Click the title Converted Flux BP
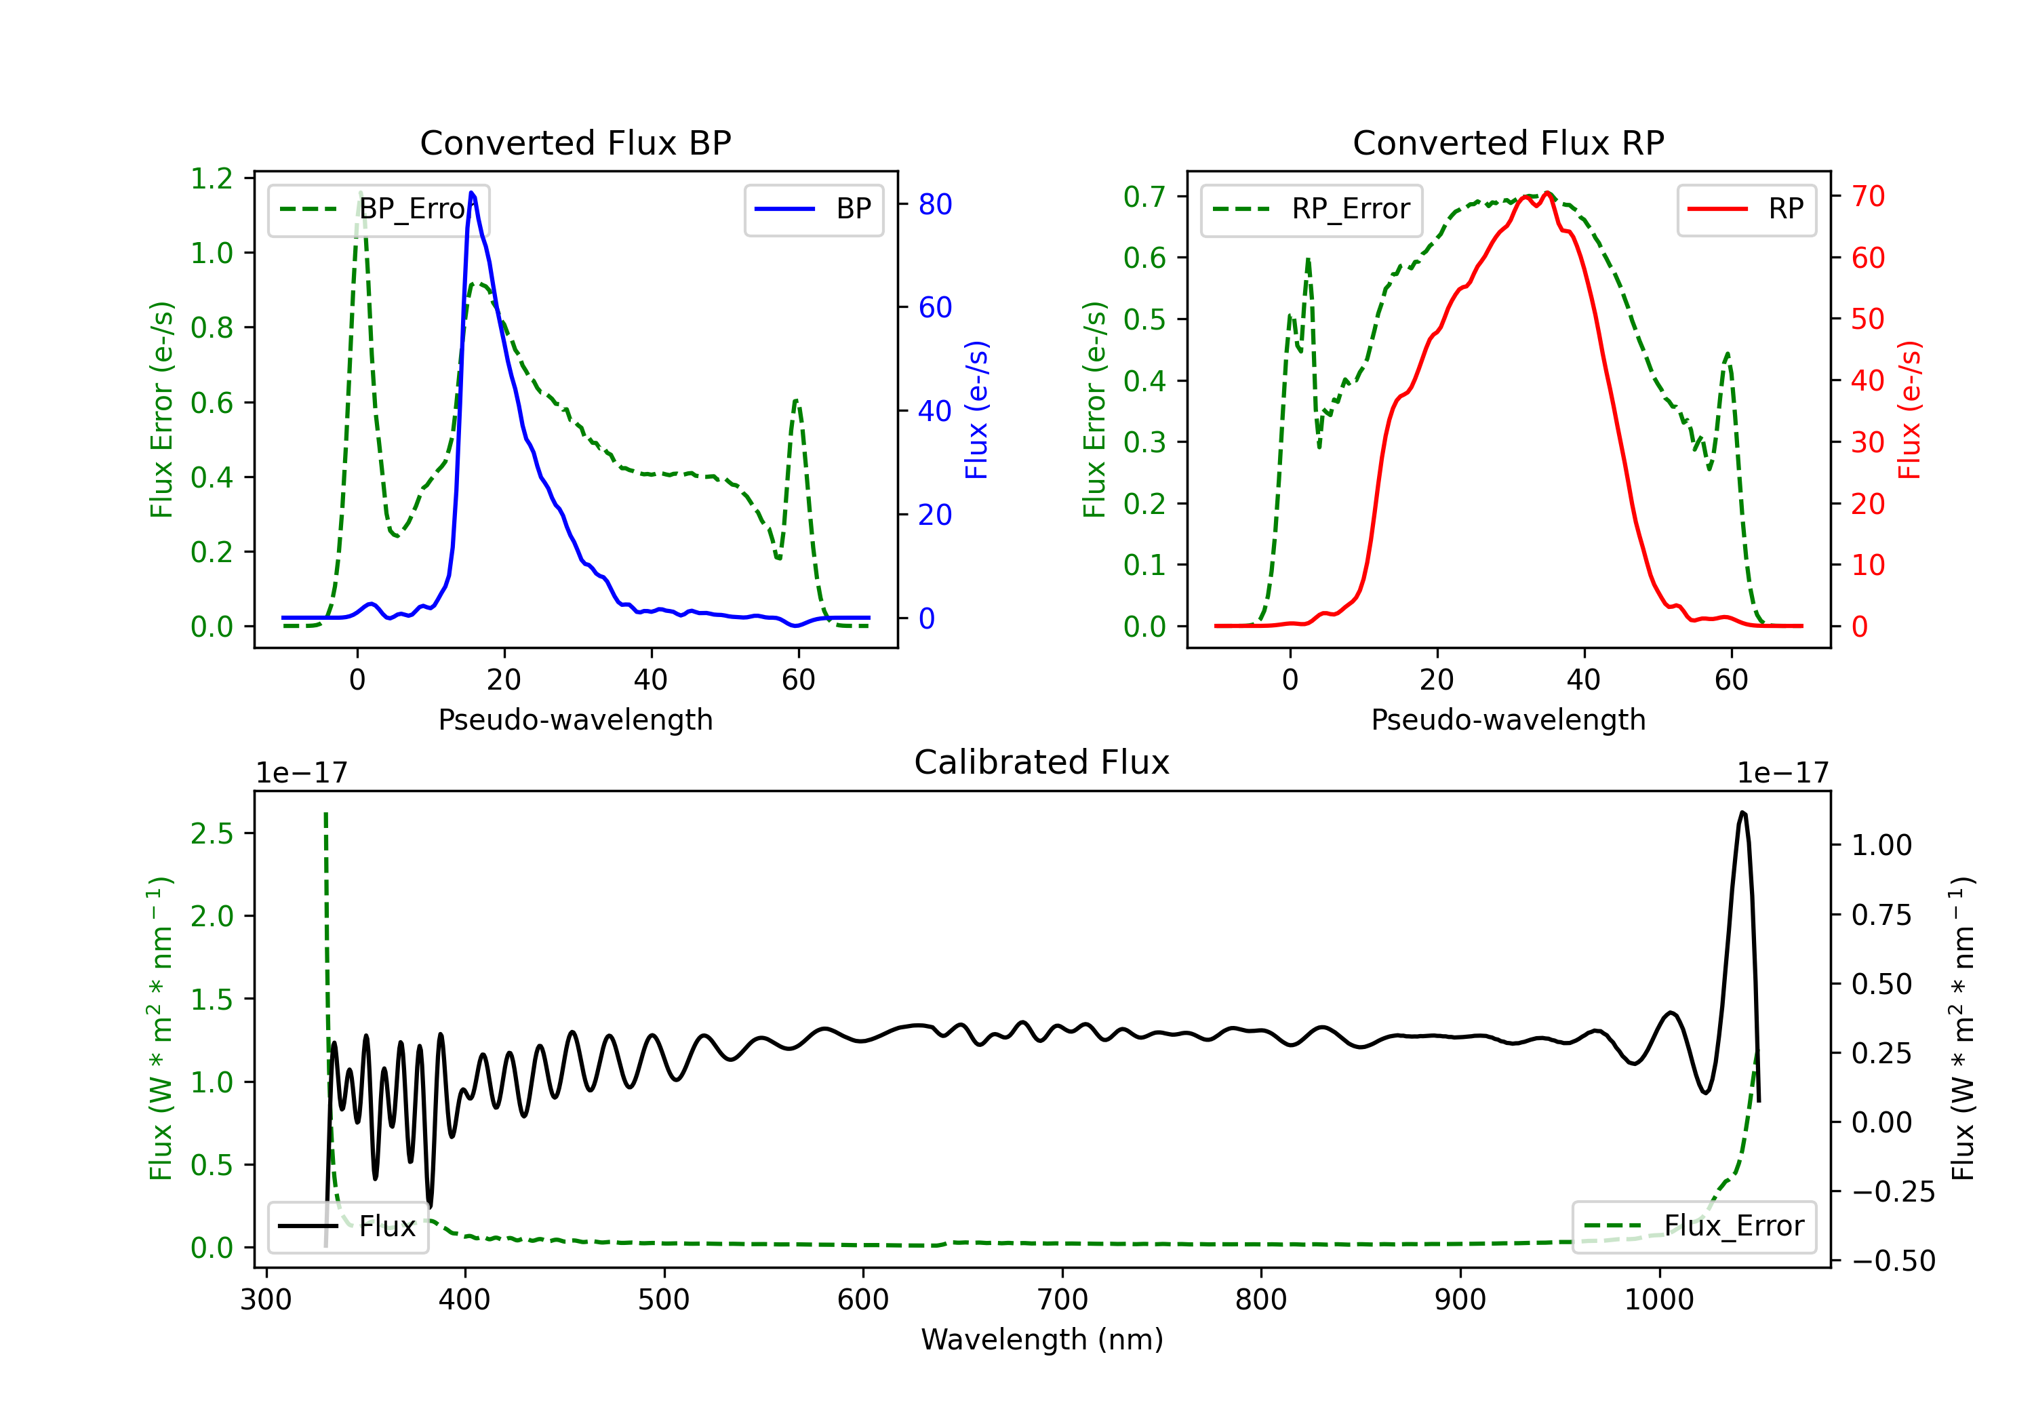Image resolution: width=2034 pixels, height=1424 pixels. tap(575, 142)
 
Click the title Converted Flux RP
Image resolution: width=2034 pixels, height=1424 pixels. tap(1508, 142)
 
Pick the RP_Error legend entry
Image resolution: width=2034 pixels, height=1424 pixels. tap(1311, 209)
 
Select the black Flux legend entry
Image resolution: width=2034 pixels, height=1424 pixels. tap(348, 1227)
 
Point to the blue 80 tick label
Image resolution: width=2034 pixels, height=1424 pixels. tap(934, 205)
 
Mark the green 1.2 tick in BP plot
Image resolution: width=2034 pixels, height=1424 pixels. tap(212, 179)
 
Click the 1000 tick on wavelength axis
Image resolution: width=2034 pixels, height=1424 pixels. tap(1658, 1300)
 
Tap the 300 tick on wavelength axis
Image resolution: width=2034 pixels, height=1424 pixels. tap(266, 1300)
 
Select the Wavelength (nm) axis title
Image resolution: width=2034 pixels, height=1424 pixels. tap(1042, 1339)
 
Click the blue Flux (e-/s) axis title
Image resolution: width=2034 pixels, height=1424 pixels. tap(976, 410)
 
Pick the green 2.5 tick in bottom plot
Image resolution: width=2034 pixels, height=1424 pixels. tap(212, 834)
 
